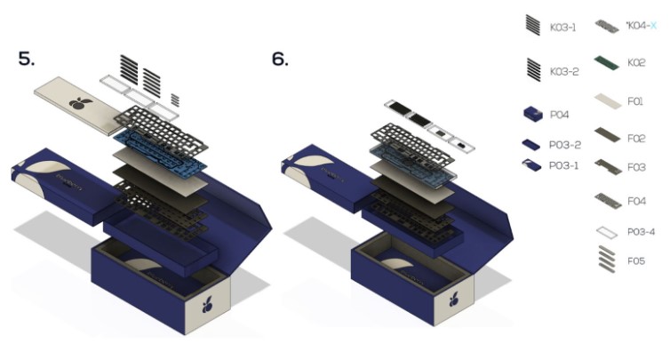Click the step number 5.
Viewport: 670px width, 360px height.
[x=27, y=60]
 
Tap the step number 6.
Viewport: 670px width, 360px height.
[x=280, y=60]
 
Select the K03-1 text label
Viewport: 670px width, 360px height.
[x=563, y=27]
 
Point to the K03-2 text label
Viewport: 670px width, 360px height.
[x=563, y=70]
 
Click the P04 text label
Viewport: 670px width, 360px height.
[x=558, y=114]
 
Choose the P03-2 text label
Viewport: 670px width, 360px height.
[x=564, y=144]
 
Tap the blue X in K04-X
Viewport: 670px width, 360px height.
[x=653, y=26]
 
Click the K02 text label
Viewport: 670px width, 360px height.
[x=636, y=63]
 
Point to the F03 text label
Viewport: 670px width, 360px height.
[x=635, y=166]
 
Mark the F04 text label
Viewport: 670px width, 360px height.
[x=636, y=202]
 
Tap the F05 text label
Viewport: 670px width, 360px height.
[x=635, y=262]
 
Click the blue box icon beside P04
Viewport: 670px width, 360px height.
[x=532, y=114]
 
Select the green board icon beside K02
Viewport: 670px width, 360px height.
[x=606, y=62]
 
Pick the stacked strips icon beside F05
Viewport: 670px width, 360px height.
[x=606, y=259]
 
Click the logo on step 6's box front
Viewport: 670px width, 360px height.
[x=460, y=306]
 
